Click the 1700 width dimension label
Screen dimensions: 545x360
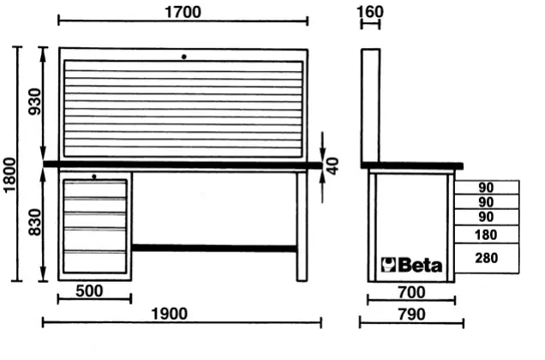tap(183, 12)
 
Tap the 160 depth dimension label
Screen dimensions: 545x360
tap(370, 12)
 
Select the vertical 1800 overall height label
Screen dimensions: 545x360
tap(9, 174)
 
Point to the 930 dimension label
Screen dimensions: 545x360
tap(35, 101)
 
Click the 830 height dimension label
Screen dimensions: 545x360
tap(35, 222)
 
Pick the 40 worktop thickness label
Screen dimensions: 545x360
tap(333, 166)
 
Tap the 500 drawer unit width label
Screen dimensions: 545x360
tap(89, 291)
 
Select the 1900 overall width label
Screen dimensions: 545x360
tap(170, 314)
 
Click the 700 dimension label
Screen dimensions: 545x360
tap(411, 292)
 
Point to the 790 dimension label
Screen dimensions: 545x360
tap(411, 315)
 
